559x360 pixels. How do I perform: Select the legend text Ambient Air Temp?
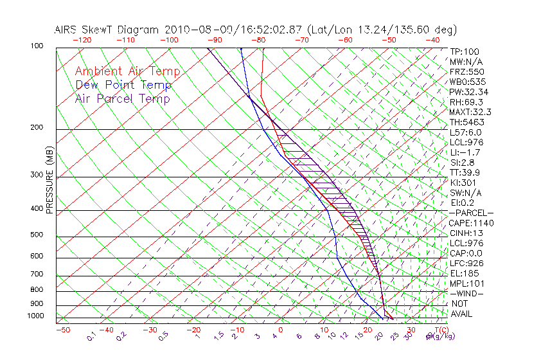tap(127, 71)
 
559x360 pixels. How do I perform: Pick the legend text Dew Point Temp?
tap(123, 85)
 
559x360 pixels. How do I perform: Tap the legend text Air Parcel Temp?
tap(122, 98)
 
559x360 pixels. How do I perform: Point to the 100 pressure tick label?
tap(36, 46)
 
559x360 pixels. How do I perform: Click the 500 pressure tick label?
tap(36, 235)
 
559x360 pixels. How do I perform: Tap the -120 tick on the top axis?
tap(82, 40)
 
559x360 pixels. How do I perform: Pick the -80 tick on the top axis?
tap(258, 40)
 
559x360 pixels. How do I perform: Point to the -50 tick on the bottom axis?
tap(62, 330)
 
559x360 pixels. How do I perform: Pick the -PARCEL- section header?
tap(472, 213)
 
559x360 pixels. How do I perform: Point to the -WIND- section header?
tap(467, 293)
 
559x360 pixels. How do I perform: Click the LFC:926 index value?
tap(467, 263)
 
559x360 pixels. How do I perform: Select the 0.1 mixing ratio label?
tap(91, 336)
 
